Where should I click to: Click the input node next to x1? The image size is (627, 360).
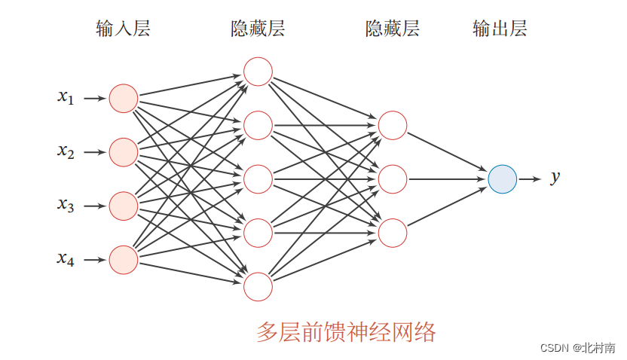[x=124, y=98]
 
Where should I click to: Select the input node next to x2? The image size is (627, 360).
[x=124, y=152]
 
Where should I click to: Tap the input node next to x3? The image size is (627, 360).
[x=124, y=206]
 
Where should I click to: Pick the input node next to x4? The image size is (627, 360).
[x=124, y=260]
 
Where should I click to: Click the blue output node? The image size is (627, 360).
[x=502, y=179]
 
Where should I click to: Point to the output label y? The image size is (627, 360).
[x=555, y=178]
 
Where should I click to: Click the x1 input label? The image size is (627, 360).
[x=66, y=96]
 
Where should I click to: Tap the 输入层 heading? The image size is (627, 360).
[x=124, y=29]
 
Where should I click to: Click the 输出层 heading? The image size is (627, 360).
[x=500, y=29]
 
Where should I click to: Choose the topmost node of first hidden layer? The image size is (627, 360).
[x=258, y=72]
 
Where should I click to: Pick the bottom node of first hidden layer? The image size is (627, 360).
[x=258, y=287]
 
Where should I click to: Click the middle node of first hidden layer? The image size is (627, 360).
[x=258, y=179]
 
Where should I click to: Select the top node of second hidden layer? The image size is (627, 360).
[x=393, y=125]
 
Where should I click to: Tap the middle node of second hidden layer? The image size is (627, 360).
[x=393, y=179]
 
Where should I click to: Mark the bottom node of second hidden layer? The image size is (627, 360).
[x=393, y=233]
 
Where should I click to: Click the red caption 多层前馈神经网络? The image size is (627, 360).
[x=346, y=331]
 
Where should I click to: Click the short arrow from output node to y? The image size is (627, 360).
[x=530, y=179]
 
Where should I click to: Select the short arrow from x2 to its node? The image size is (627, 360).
[x=94, y=152]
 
